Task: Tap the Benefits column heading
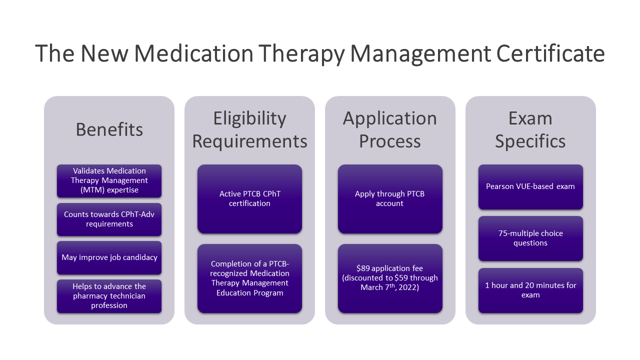[109, 129]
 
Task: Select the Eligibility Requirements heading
[249, 130]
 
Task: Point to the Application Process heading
[390, 130]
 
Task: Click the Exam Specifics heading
[530, 130]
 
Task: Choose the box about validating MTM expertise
[109, 180]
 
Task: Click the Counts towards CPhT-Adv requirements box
[109, 219]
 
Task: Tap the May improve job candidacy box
[109, 257]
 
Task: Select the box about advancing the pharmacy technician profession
[109, 296]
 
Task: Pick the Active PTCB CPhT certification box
[249, 198]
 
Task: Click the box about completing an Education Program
[249, 278]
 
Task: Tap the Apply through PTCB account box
[390, 198]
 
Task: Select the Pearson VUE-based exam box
[530, 186]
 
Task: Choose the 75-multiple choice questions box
[530, 238]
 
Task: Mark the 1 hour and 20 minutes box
[530, 290]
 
